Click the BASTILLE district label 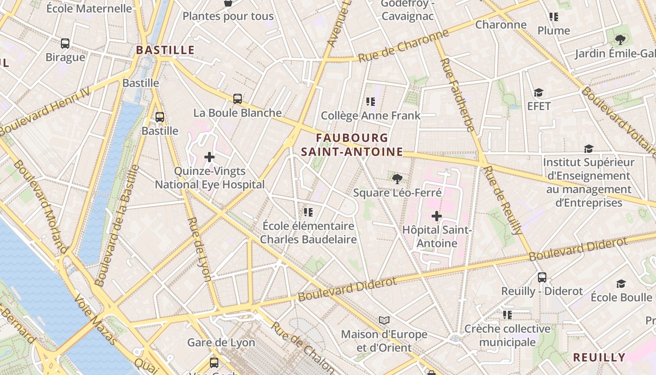click(165, 50)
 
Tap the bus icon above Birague click(65, 44)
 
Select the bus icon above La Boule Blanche click(238, 99)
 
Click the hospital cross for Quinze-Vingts click(209, 157)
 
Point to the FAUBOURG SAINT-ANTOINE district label click(352, 145)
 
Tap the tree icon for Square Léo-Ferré click(397, 178)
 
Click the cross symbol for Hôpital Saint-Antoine click(437, 216)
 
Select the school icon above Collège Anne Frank click(371, 101)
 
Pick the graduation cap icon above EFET click(538, 93)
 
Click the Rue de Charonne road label click(403, 46)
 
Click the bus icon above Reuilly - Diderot click(542, 277)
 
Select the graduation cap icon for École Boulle click(621, 284)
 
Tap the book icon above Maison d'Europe click(384, 320)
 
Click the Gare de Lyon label click(221, 343)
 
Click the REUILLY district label click(599, 357)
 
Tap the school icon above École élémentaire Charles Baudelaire click(308, 212)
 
